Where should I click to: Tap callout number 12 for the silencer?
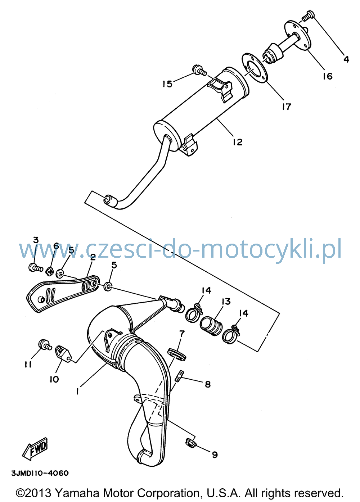pyautogui.click(x=238, y=142)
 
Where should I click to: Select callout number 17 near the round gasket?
pyautogui.click(x=286, y=107)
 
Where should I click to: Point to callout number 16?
pyautogui.click(x=328, y=76)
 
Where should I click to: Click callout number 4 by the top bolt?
pyautogui.click(x=346, y=59)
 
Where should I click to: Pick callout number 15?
pyautogui.click(x=167, y=84)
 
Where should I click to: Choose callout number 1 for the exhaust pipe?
pyautogui.click(x=77, y=392)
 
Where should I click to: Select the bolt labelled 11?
pyautogui.click(x=45, y=346)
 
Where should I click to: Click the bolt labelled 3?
pyautogui.click(x=36, y=268)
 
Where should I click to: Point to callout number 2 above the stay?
pyautogui.click(x=93, y=257)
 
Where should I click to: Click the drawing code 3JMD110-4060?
pyautogui.click(x=40, y=473)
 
